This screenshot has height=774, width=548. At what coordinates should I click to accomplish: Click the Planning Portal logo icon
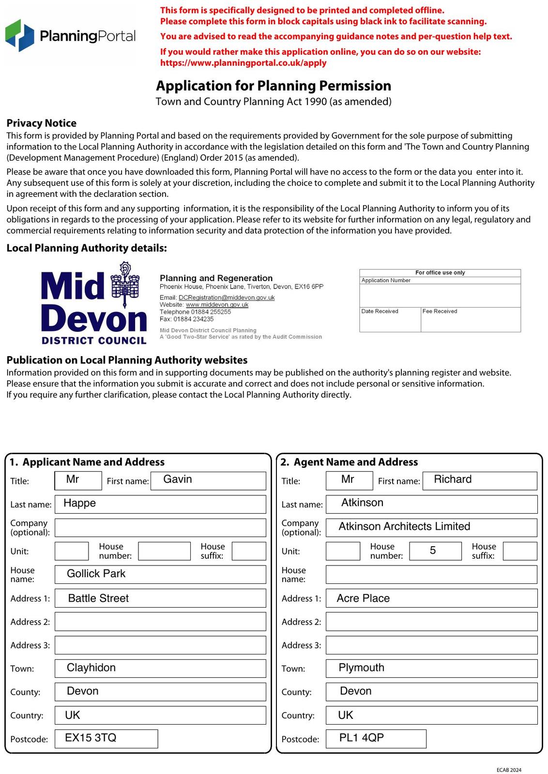(20, 35)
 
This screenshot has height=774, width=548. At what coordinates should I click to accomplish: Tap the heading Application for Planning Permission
(273, 86)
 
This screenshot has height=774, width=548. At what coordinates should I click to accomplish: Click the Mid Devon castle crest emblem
(125, 285)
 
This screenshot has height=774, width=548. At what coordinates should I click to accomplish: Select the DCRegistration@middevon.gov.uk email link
(226, 298)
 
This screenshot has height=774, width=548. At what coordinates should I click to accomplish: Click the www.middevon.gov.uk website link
(217, 305)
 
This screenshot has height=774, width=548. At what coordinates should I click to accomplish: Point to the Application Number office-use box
(440, 292)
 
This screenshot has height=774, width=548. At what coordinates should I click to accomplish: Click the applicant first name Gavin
(208, 480)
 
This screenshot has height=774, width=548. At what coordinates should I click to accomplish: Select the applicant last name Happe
(160, 504)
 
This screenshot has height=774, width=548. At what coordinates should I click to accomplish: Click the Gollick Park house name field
(160, 574)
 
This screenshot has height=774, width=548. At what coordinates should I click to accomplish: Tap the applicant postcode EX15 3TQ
(106, 738)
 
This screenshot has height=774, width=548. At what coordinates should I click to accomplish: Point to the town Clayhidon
(160, 668)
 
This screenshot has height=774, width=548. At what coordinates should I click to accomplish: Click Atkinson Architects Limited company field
(431, 527)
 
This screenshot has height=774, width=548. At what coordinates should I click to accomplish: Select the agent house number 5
(435, 551)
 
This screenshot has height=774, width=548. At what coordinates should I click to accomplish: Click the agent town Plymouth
(431, 668)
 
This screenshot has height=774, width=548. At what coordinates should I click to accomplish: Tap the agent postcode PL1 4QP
(376, 738)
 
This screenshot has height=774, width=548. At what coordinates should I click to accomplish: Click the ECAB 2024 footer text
(509, 770)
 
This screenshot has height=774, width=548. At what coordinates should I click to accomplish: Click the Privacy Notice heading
(42, 123)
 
